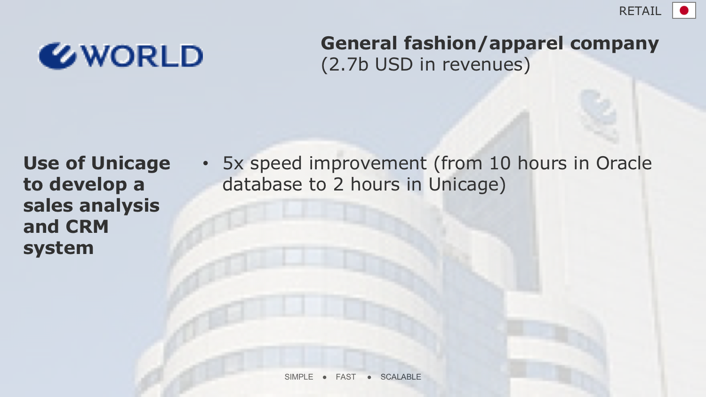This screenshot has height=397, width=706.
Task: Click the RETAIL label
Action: [x=640, y=11]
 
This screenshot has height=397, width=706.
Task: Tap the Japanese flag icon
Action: [x=684, y=10]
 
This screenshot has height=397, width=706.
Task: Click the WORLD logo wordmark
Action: [x=142, y=56]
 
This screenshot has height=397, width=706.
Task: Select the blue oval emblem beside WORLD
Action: [x=57, y=56]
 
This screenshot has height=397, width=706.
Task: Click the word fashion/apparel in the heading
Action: [x=483, y=43]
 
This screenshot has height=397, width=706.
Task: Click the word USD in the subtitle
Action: [x=393, y=64]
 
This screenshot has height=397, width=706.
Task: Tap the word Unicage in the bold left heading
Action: [x=130, y=164]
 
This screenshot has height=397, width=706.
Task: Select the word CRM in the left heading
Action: [x=87, y=227]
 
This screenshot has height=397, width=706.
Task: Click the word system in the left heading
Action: [x=58, y=248]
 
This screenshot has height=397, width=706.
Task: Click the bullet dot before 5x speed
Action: [x=206, y=163]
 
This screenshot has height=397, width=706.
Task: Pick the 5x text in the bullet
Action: [x=233, y=163]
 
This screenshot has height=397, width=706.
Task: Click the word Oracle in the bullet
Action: [x=624, y=163]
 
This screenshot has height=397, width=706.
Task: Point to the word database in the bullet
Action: [x=262, y=184]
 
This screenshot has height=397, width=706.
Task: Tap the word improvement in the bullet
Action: [x=368, y=164]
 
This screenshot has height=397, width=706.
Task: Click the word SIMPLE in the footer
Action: [x=299, y=377]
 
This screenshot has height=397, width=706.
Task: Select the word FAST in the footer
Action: [x=346, y=377]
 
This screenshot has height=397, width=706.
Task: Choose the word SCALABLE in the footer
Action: [x=401, y=377]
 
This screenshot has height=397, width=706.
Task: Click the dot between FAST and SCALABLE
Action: [x=369, y=377]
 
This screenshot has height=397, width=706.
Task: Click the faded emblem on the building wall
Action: [x=599, y=115]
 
